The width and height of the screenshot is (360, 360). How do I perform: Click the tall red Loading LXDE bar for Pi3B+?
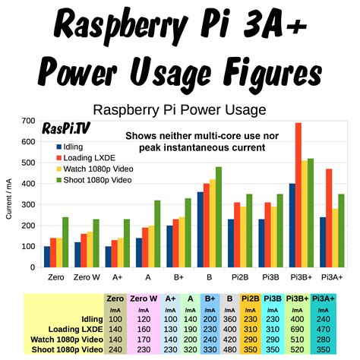298,194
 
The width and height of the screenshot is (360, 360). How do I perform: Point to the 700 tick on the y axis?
28,121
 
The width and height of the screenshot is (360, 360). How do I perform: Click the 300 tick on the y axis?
28,204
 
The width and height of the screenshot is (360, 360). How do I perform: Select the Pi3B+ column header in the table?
298,299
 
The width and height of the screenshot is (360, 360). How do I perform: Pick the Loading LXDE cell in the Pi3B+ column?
298,330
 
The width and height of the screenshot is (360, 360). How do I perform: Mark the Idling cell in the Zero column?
115,320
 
